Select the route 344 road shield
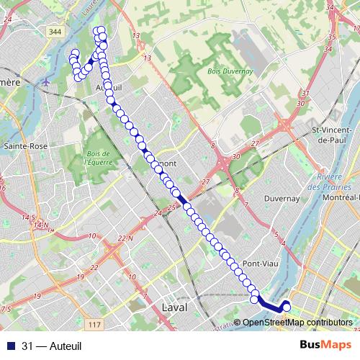point(56,32)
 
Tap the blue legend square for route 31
point(10,346)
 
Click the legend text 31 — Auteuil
point(52,346)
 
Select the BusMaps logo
point(325,346)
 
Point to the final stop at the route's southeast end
point(286,308)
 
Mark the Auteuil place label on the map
point(110,87)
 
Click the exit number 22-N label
point(125,238)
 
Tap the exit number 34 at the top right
point(331,7)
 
